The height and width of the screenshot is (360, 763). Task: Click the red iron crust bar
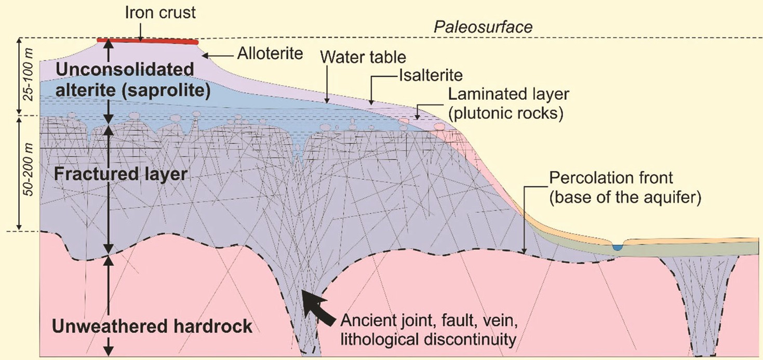(148, 41)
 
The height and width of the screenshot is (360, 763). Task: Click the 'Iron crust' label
(160, 13)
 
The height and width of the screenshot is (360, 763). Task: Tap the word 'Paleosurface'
(483, 27)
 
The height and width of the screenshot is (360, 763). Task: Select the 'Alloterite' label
(270, 54)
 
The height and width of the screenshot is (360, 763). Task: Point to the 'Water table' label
(363, 57)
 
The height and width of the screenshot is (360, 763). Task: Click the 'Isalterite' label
(431, 75)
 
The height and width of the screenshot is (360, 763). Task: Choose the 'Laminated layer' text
(508, 94)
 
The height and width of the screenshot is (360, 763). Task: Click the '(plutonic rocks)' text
(506, 113)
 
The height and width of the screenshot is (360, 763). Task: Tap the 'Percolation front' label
(611, 178)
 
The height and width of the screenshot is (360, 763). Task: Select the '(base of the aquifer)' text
(625, 197)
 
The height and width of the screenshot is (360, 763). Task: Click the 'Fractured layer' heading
(121, 174)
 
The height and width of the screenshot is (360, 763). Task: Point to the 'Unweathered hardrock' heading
(152, 326)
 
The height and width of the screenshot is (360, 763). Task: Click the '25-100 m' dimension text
(29, 75)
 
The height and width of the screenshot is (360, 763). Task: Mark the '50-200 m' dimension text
(29, 170)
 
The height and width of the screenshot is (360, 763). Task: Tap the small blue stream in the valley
(617, 247)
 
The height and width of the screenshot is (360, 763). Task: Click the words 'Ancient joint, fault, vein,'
(429, 321)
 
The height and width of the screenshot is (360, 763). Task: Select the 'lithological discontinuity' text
(428, 340)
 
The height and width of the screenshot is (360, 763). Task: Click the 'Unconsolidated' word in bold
(125, 70)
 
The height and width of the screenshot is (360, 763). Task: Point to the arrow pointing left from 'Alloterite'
(218, 56)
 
